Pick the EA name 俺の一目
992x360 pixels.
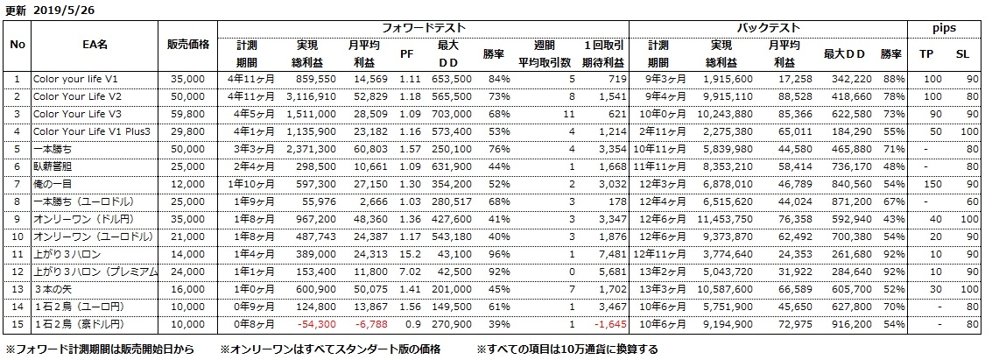pyautogui.click(x=52, y=185)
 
